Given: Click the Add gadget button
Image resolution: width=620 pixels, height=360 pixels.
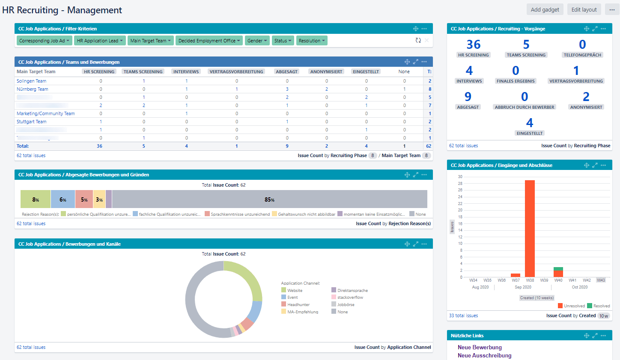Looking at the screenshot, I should (x=545, y=10).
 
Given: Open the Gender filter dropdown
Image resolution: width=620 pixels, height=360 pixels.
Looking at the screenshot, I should (x=257, y=41).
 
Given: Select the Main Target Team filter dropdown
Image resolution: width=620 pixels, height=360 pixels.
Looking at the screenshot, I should (x=150, y=41).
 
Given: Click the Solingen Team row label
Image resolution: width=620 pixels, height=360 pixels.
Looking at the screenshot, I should (x=31, y=81).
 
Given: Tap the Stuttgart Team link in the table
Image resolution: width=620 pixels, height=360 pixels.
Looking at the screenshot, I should (x=31, y=122).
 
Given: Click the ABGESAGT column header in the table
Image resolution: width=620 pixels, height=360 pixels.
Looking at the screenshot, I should (x=287, y=71).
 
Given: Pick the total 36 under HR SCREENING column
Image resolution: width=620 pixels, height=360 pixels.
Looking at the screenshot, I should (x=99, y=146).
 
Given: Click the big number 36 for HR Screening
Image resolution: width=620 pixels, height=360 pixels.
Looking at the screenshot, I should (x=474, y=45).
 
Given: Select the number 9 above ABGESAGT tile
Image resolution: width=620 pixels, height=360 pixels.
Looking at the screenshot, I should (x=468, y=97).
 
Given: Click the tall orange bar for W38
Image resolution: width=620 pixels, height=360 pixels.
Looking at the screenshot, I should (x=530, y=227).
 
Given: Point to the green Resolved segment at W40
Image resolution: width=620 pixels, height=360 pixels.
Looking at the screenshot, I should (x=558, y=269).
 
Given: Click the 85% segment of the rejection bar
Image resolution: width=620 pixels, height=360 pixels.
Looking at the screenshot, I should (x=270, y=199).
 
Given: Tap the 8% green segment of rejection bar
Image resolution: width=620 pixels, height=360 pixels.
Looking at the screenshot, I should (x=36, y=199).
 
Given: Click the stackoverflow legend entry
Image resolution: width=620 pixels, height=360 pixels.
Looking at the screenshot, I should (x=350, y=298).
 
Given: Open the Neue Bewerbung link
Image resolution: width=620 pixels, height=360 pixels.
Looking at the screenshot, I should (x=480, y=348).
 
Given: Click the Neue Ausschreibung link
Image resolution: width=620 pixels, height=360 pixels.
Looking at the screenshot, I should (x=484, y=356).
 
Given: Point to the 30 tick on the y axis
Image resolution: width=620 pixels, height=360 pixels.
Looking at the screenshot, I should (x=460, y=176).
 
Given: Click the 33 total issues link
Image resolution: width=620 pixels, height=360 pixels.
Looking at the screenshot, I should (x=463, y=315).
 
